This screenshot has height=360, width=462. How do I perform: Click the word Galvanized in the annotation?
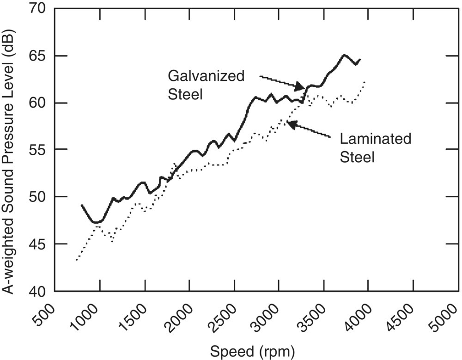click(x=206, y=76)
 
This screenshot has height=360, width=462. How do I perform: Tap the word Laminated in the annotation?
click(x=375, y=139)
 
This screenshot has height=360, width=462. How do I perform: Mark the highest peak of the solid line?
click(x=344, y=55)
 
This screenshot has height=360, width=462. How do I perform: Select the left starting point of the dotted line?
click(x=77, y=260)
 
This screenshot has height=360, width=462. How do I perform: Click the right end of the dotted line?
click(x=365, y=82)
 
